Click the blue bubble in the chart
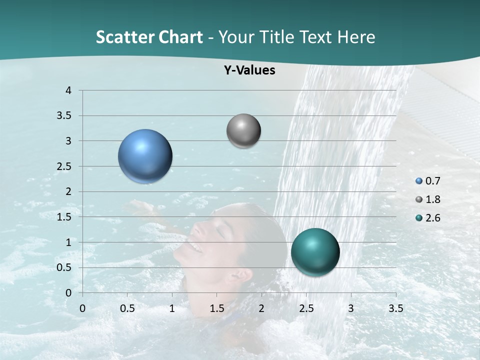coord(145,156)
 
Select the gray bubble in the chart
coord(243,131)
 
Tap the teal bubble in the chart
coord(315,252)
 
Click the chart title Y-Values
coord(249,70)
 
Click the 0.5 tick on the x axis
coord(127,308)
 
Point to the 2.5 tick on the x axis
coord(306,308)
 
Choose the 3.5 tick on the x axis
coord(395,308)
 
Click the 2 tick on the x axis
coord(261,308)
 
